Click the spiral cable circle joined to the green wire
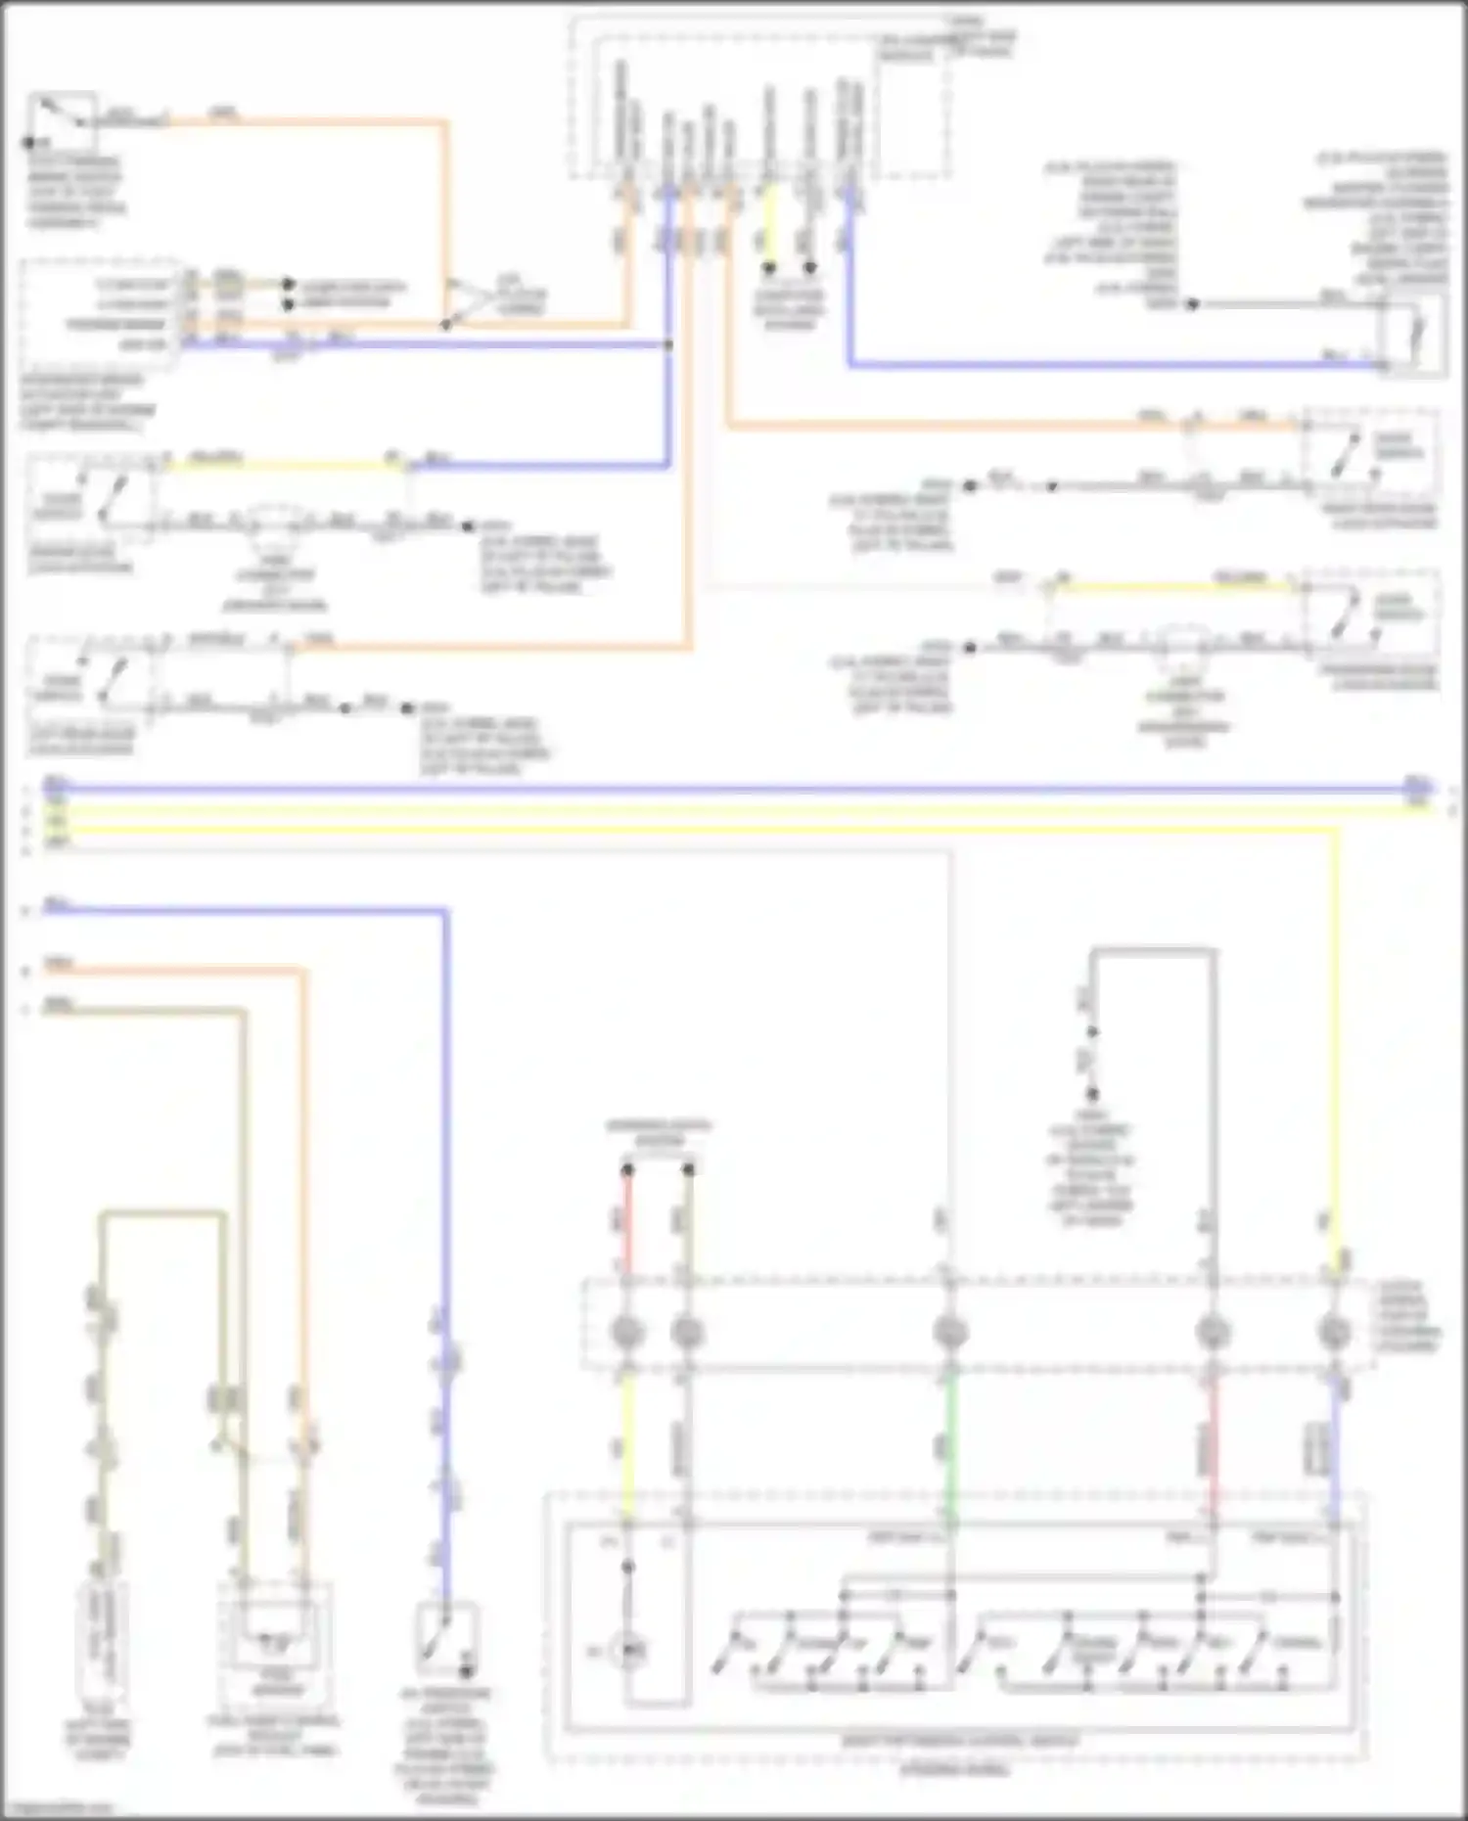[949, 1332]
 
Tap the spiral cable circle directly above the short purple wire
[1335, 1332]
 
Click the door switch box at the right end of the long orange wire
[1369, 456]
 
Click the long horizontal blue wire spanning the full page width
[734, 787]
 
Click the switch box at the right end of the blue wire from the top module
[1412, 333]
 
